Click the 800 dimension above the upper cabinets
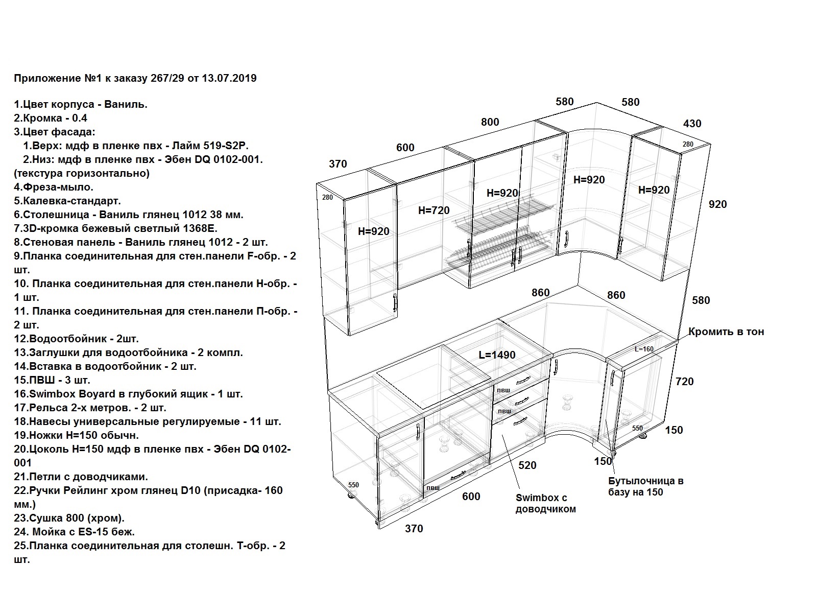(x=490, y=122)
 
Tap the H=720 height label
(x=434, y=210)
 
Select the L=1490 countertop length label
(x=497, y=355)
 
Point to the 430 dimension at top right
(x=692, y=123)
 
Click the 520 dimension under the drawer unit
(x=527, y=465)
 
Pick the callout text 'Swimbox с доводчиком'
(x=545, y=503)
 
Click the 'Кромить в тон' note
(x=726, y=332)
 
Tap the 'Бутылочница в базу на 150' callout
(x=646, y=486)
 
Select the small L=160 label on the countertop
(x=644, y=349)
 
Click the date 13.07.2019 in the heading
(x=229, y=78)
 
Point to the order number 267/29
(x=167, y=78)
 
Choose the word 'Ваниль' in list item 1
(x=126, y=104)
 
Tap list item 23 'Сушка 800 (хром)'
(x=69, y=518)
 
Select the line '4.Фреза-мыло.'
(x=54, y=187)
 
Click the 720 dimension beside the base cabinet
(x=685, y=381)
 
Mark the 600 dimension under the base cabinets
(x=471, y=496)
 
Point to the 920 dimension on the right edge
(x=717, y=204)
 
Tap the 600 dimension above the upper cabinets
(x=405, y=148)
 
